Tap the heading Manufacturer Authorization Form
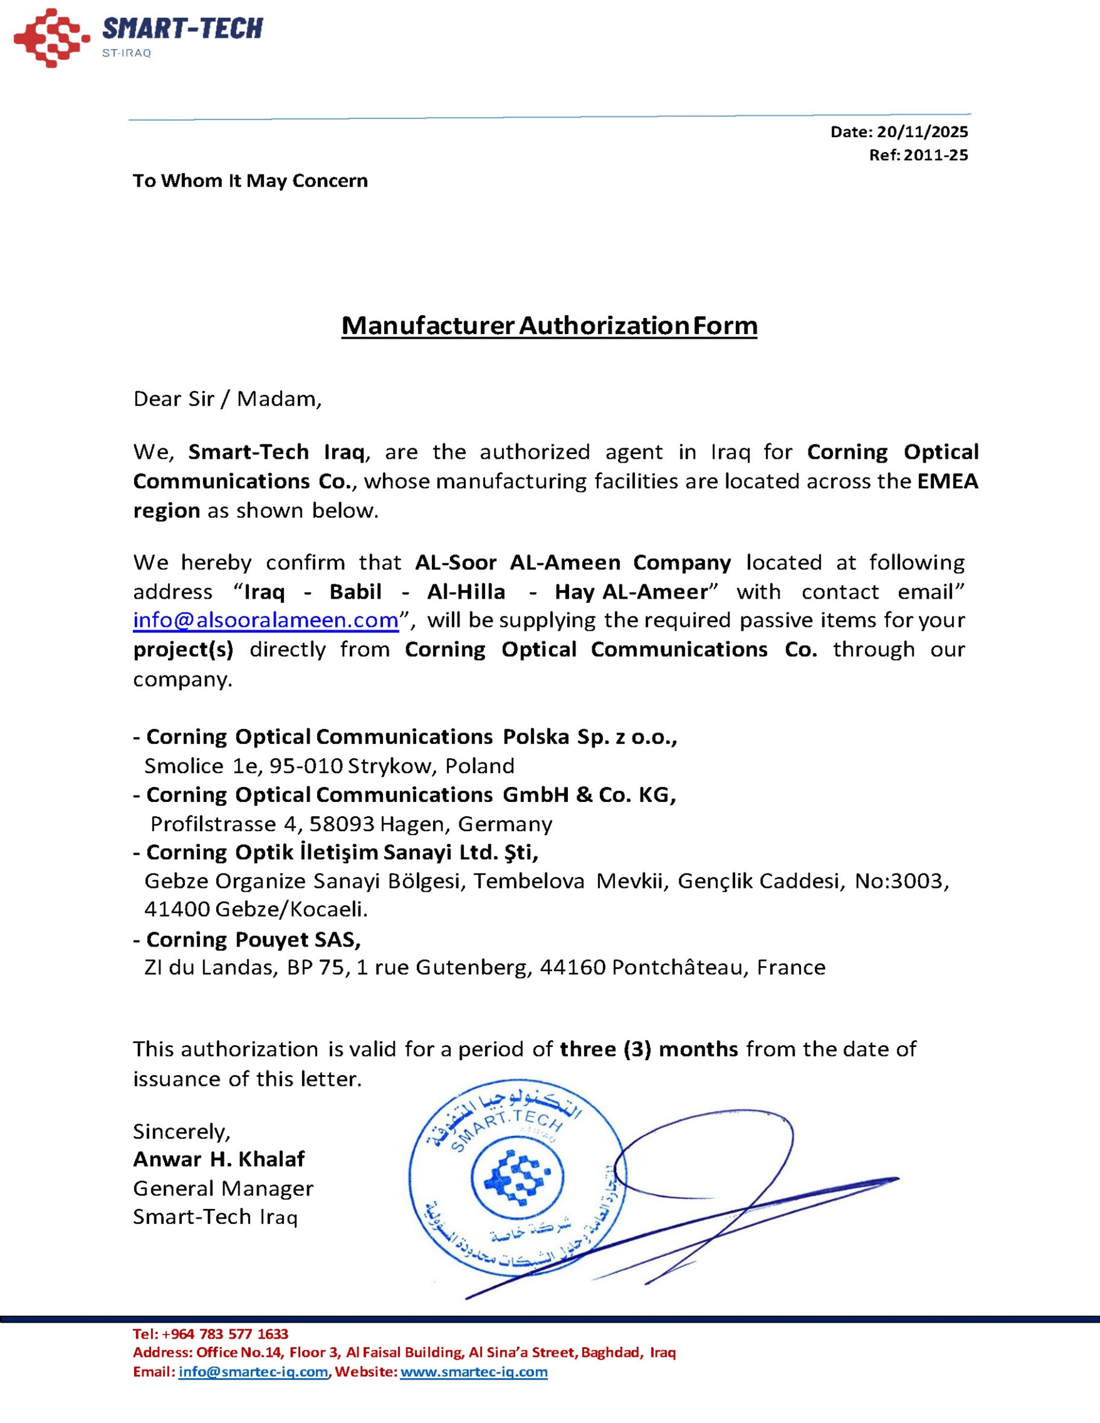click(549, 326)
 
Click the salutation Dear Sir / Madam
click(228, 399)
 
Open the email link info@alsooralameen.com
click(266, 620)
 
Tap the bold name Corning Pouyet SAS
click(253, 939)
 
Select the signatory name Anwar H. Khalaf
click(219, 1159)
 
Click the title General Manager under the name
click(223, 1188)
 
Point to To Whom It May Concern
click(250, 180)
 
